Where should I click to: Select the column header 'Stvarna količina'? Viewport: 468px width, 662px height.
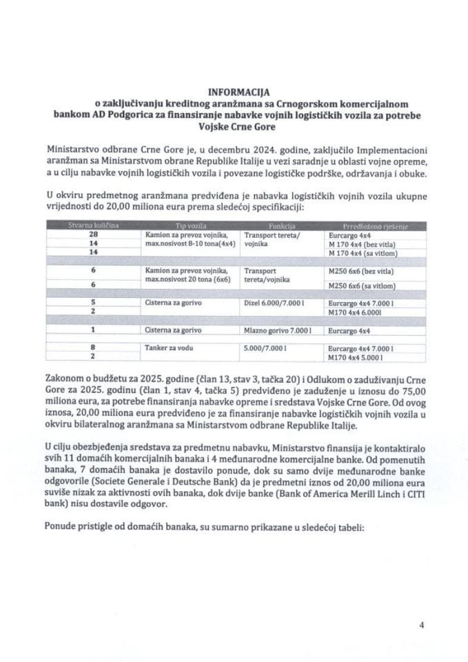coord(92,225)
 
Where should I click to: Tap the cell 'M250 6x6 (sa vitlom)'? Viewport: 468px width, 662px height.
coord(363,283)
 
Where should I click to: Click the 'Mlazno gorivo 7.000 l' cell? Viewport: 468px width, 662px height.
coord(270,330)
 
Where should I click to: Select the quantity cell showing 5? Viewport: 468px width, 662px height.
coord(92,301)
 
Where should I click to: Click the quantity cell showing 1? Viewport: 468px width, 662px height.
coord(92,330)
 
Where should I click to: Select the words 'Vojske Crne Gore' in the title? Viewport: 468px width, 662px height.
coord(234,127)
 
